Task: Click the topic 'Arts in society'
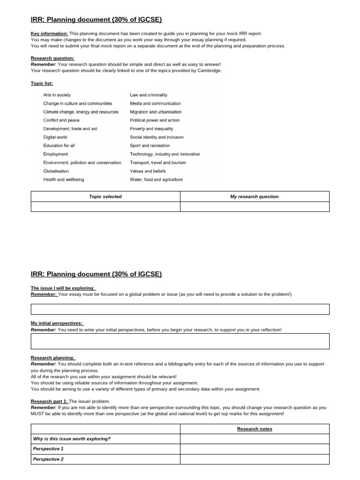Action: point(57,95)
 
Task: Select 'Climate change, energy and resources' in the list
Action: point(81,112)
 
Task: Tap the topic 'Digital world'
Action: point(55,137)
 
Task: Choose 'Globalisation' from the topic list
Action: point(56,171)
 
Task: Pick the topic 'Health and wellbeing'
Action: point(64,180)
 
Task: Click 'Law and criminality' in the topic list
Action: point(149,95)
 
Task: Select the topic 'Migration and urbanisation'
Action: point(156,112)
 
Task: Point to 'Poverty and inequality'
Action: point(151,129)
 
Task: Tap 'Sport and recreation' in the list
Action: point(150,146)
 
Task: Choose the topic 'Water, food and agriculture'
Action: point(156,180)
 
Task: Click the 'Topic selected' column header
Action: point(105,196)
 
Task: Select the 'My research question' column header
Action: point(255,196)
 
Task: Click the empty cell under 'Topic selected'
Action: point(105,207)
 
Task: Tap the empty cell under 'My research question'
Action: point(255,207)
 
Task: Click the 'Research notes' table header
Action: point(255,429)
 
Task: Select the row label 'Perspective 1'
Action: point(48,449)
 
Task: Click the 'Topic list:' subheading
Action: point(42,83)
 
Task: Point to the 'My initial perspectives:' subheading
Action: point(57,323)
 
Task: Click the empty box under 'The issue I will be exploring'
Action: point(180,309)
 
